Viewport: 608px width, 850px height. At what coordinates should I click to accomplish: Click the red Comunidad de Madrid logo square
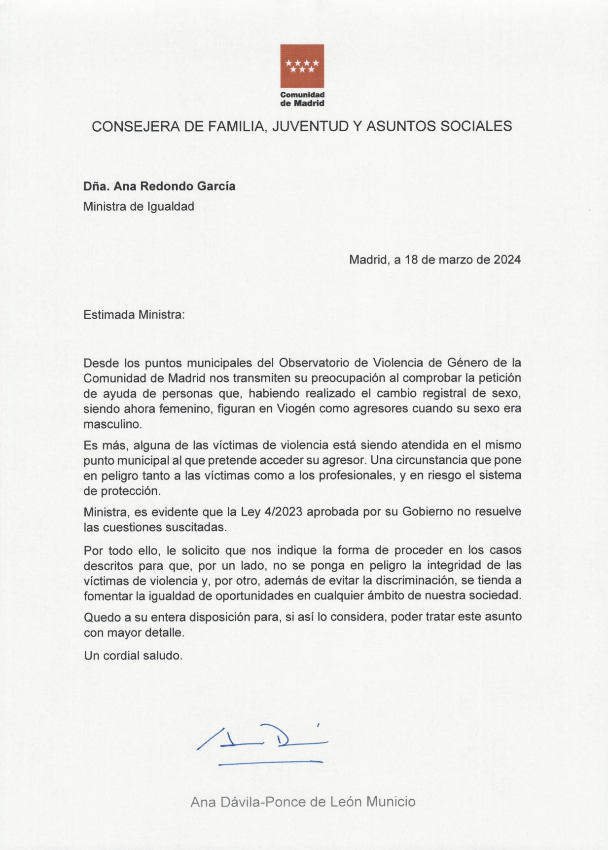pyautogui.click(x=302, y=66)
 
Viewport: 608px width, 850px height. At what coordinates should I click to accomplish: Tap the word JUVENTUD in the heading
pyautogui.click(x=309, y=126)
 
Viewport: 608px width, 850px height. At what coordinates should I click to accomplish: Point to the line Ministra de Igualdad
pyautogui.click(x=139, y=206)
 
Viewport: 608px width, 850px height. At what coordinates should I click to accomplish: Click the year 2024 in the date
pyautogui.click(x=507, y=259)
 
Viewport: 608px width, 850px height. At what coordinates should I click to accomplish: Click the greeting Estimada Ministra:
pyautogui.click(x=134, y=314)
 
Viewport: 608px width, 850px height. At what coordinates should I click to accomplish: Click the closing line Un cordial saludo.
pyautogui.click(x=133, y=656)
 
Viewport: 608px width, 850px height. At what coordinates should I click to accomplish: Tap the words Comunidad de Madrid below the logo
pyautogui.click(x=302, y=99)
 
